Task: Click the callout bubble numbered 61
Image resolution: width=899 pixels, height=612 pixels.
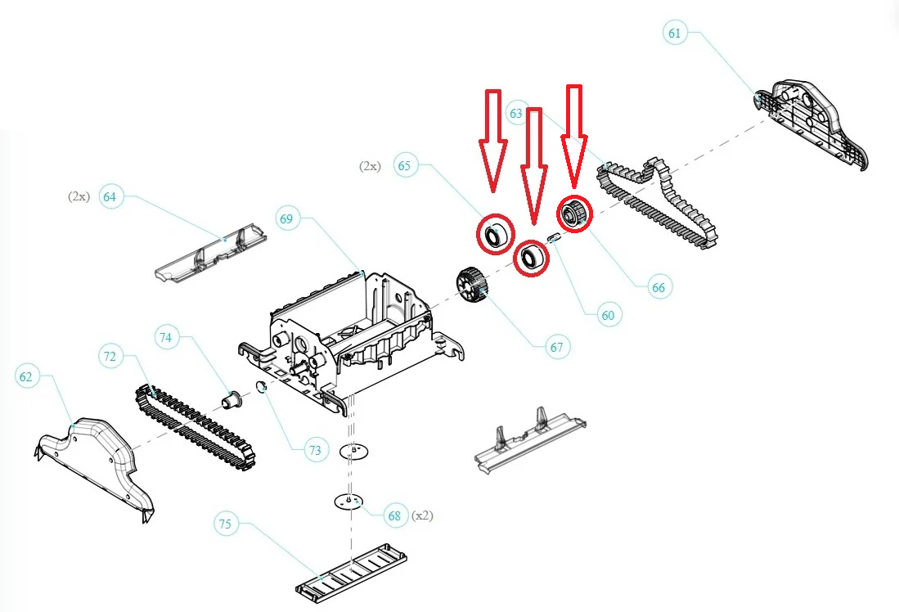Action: click(675, 33)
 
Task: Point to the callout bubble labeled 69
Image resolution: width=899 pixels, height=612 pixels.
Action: click(286, 218)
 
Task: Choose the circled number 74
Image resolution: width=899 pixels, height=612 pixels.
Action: click(166, 337)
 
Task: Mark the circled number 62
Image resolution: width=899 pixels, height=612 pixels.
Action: click(27, 376)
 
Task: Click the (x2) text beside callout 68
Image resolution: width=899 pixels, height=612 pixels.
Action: click(422, 515)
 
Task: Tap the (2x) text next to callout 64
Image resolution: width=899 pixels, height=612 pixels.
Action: click(79, 196)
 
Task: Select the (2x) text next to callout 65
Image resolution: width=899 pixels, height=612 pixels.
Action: click(370, 165)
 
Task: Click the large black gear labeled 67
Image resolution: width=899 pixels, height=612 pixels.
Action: click(470, 286)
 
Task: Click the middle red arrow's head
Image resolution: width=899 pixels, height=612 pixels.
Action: click(534, 209)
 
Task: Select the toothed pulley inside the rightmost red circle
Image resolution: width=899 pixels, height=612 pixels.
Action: click(571, 215)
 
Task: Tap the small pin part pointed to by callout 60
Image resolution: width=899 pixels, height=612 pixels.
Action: click(552, 238)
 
